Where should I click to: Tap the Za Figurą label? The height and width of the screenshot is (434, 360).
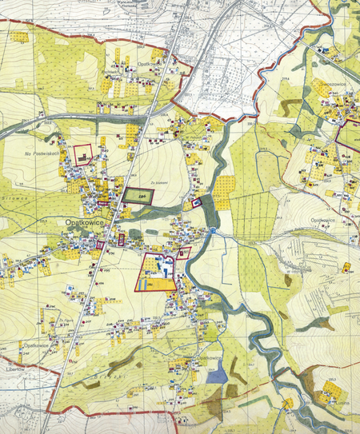pyautogui.click(x=66, y=320)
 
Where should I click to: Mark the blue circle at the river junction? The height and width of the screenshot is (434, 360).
pyautogui.click(x=214, y=232)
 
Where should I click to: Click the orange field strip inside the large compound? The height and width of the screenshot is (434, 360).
pyautogui.click(x=162, y=283)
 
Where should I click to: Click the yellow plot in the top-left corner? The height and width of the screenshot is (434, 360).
pyautogui.click(x=19, y=36)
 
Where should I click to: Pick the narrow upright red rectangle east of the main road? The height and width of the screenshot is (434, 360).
pyautogui.click(x=122, y=238)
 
